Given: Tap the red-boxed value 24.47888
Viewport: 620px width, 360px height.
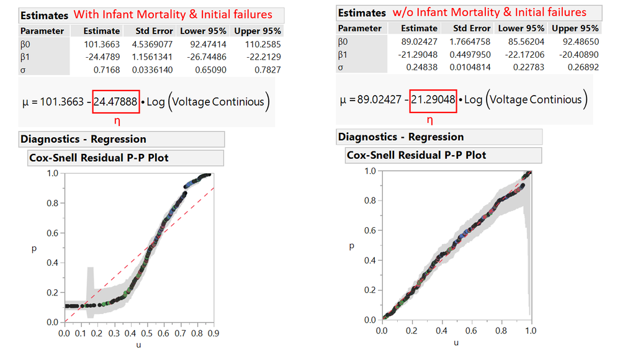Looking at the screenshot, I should click(x=116, y=102).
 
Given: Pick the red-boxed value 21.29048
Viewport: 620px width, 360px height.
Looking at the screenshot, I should click(x=433, y=99).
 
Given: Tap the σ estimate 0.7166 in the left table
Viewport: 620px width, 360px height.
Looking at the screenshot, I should click(x=107, y=69).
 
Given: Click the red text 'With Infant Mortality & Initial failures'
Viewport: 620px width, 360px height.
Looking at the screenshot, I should click(x=174, y=14).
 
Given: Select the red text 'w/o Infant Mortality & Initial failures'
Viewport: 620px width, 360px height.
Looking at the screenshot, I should click(x=490, y=12).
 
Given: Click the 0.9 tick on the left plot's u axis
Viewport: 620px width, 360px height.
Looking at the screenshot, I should click(x=213, y=334).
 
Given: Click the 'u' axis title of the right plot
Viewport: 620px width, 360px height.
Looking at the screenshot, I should click(x=456, y=342).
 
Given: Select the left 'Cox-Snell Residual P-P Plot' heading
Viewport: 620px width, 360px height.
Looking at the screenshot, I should click(x=99, y=158).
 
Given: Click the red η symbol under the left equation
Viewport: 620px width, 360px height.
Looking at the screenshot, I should click(x=116, y=119).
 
